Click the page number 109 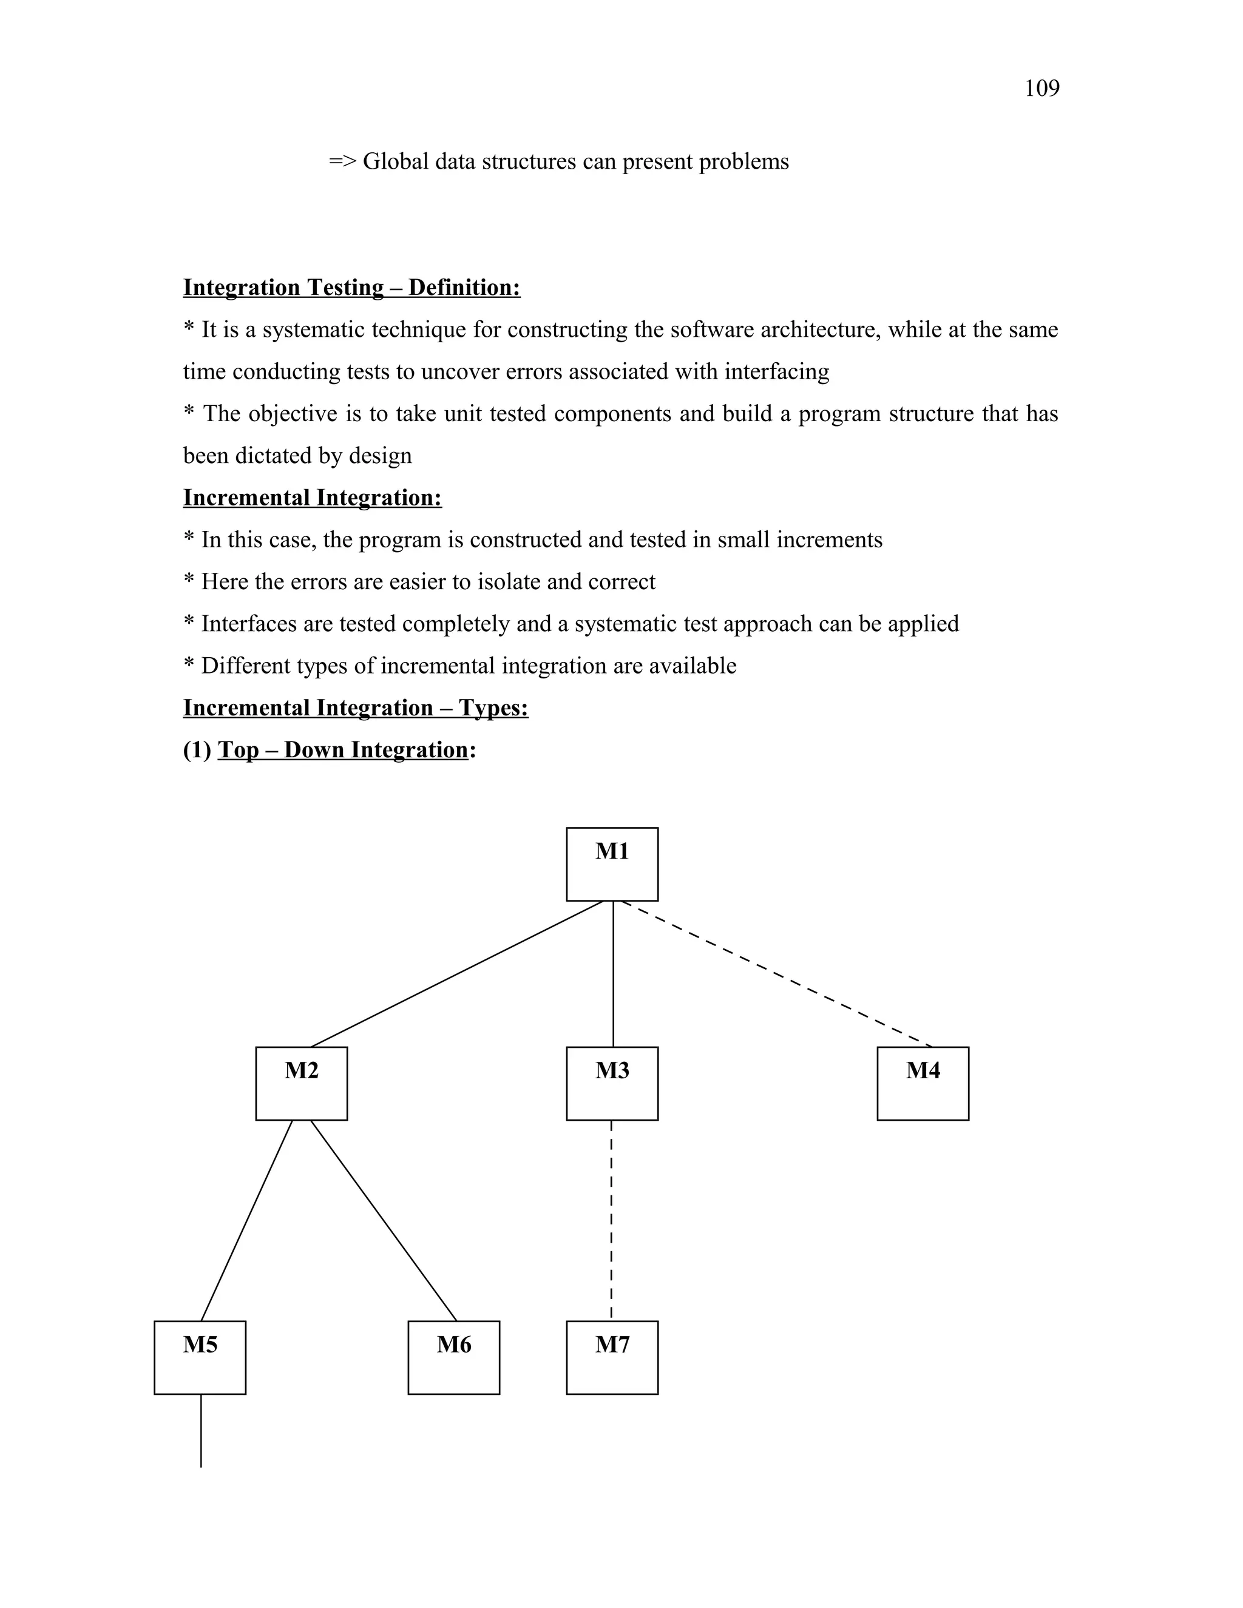1041,89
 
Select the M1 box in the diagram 612,863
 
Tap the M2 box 301,1084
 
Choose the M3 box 612,1084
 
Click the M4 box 923,1084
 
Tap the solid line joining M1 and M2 456,973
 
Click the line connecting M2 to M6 383,1221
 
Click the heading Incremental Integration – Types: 356,708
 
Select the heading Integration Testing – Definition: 351,287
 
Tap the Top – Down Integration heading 343,749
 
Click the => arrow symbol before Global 342,161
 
